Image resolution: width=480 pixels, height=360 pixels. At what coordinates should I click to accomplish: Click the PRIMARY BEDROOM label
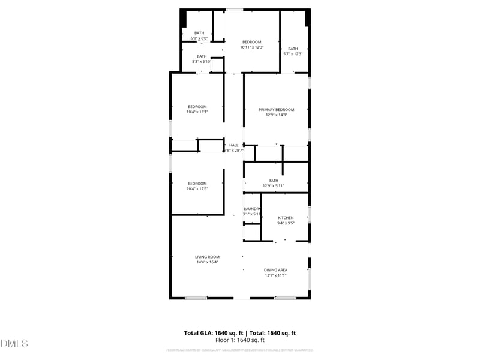[x=276, y=110]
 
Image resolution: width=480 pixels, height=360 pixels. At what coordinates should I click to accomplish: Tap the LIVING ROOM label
[x=206, y=257]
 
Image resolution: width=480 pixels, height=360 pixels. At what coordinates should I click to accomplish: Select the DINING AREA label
[x=275, y=270]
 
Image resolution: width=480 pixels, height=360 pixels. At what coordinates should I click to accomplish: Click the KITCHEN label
[x=286, y=217]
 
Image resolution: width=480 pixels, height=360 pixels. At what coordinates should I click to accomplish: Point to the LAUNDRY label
[x=252, y=209]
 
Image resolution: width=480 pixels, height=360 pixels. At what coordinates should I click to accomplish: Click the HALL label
[x=233, y=145]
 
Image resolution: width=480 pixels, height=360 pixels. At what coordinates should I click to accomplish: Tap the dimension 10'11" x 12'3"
[x=251, y=47]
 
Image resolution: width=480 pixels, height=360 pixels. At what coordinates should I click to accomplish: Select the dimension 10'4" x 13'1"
[x=197, y=112]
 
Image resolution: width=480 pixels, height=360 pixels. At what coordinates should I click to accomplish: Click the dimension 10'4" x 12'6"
[x=197, y=189]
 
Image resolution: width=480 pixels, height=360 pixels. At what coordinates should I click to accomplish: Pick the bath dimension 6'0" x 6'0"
[x=199, y=38]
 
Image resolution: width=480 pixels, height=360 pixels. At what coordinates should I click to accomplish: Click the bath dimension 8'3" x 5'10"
[x=202, y=61]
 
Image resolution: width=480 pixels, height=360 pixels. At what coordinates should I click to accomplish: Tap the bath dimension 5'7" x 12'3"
[x=293, y=54]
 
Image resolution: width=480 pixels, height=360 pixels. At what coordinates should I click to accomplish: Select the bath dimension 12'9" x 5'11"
[x=274, y=185]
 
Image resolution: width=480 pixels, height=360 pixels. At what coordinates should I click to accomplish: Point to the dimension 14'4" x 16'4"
[x=206, y=262]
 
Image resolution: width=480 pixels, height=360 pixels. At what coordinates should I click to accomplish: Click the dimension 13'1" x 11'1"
[x=275, y=275]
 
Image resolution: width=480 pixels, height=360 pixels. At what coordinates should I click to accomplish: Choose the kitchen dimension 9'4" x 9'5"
[x=286, y=223]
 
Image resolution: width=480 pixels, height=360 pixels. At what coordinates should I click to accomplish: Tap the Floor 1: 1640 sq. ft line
[x=239, y=340]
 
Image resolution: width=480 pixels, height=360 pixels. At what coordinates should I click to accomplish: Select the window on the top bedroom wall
[x=234, y=10]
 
